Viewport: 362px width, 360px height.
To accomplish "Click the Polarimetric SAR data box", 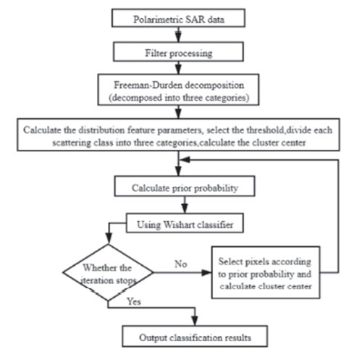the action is (x=178, y=18).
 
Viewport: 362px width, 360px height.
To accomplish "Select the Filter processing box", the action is (x=178, y=51).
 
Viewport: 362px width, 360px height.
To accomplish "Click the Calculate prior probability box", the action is (x=185, y=186).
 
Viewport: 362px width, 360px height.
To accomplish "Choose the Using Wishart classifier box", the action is (x=185, y=223).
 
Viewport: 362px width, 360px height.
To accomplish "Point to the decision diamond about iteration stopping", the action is (x=108, y=272).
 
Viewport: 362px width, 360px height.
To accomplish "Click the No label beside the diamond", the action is (x=181, y=264).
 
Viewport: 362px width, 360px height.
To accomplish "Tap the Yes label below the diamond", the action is (x=134, y=301).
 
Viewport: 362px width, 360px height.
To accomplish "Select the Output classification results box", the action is (x=195, y=336).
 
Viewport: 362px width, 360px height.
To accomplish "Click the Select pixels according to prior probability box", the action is (x=266, y=272).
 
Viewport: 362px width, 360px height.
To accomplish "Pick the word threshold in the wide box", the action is (x=265, y=130).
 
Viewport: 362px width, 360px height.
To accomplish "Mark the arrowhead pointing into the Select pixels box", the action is (x=206, y=272).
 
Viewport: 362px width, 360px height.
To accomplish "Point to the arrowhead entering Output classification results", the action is (x=195, y=321).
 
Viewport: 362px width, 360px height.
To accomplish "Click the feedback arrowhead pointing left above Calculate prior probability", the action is (x=185, y=159).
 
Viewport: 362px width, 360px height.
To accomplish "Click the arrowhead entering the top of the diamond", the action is (x=109, y=239).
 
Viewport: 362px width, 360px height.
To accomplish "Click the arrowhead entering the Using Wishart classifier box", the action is (x=185, y=209).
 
